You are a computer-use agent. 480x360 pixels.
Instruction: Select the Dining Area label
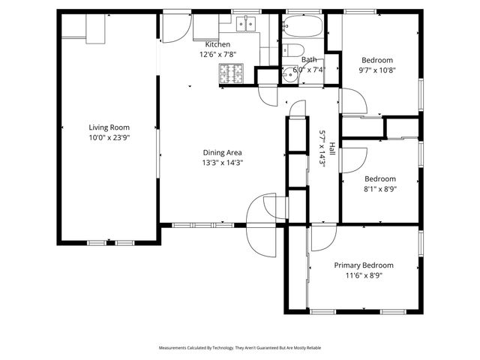pyautogui.click(x=222, y=151)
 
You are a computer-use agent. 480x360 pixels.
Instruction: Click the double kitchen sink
pyautogui.click(x=245, y=25)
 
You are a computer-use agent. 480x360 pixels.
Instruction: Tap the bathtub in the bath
pyautogui.click(x=303, y=28)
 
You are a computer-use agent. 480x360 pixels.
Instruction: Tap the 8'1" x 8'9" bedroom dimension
pyautogui.click(x=380, y=190)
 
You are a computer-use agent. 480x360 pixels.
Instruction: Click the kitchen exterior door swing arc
pyautogui.click(x=172, y=28)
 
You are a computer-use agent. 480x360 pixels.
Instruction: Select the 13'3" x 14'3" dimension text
pyautogui.click(x=222, y=162)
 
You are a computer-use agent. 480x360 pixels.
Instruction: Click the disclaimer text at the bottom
pyautogui.click(x=240, y=348)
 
